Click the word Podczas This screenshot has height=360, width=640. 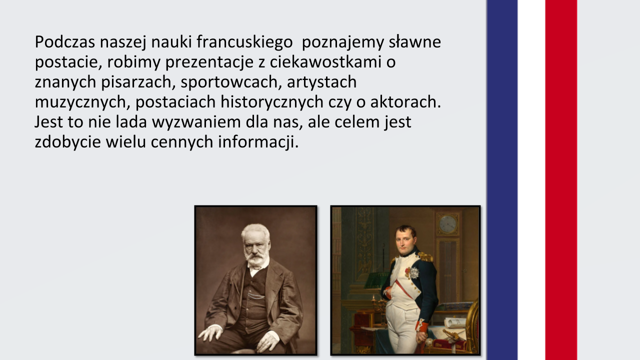(x=65, y=42)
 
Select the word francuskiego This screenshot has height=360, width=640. (x=244, y=42)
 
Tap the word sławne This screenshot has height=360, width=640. (x=415, y=42)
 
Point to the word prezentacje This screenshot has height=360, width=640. (x=209, y=62)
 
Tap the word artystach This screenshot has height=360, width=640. (x=321, y=82)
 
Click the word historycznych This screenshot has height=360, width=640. (x=272, y=102)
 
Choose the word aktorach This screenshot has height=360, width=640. (x=405, y=102)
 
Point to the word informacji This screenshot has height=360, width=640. (x=258, y=142)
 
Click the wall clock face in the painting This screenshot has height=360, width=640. (x=447, y=224)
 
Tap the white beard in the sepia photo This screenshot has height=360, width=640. (x=255, y=258)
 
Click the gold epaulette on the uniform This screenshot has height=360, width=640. (x=425, y=256)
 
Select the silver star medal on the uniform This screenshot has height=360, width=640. (x=414, y=272)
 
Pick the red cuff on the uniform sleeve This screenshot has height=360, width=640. (x=421, y=325)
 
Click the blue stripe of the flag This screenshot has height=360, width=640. (x=502, y=180)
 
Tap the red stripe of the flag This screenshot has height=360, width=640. (x=561, y=180)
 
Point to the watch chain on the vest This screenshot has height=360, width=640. (x=256, y=296)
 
